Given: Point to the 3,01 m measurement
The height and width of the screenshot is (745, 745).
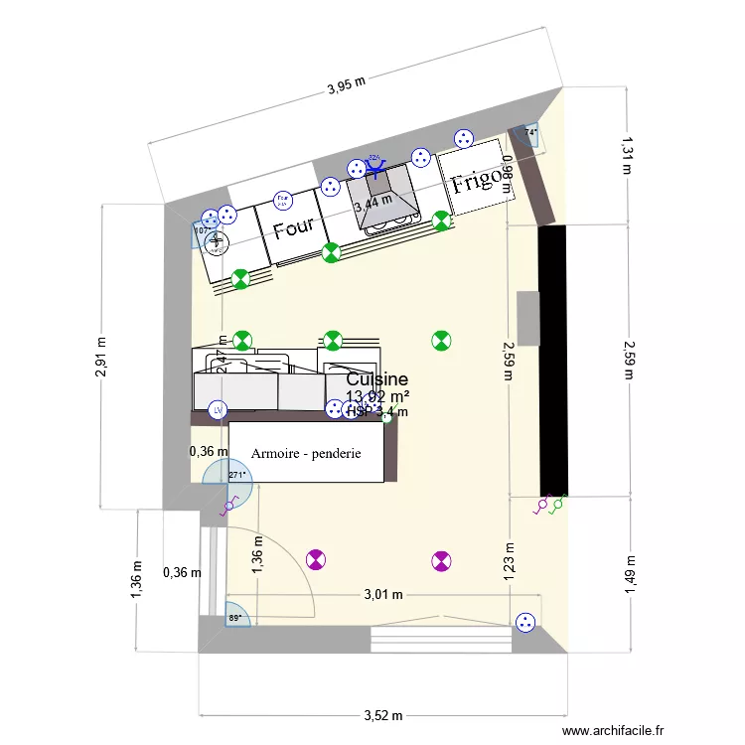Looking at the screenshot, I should click(x=381, y=595).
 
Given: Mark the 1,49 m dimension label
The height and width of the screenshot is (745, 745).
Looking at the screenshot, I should click(x=629, y=575).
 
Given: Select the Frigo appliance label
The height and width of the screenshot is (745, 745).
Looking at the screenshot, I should click(x=478, y=181).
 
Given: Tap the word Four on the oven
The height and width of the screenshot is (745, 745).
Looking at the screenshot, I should click(x=294, y=227).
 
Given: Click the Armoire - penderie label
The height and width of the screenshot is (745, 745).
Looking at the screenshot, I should click(x=306, y=453).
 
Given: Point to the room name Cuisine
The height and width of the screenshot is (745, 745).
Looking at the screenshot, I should click(x=377, y=379).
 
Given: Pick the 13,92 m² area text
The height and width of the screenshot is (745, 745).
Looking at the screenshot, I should click(x=377, y=397).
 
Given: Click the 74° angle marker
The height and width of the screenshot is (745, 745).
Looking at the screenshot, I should click(x=530, y=133).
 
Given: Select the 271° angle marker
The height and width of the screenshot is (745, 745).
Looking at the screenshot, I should click(x=236, y=476).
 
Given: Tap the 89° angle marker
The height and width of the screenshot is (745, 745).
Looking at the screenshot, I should click(x=235, y=618).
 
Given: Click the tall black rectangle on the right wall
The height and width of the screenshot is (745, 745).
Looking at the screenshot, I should click(x=552, y=360).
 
